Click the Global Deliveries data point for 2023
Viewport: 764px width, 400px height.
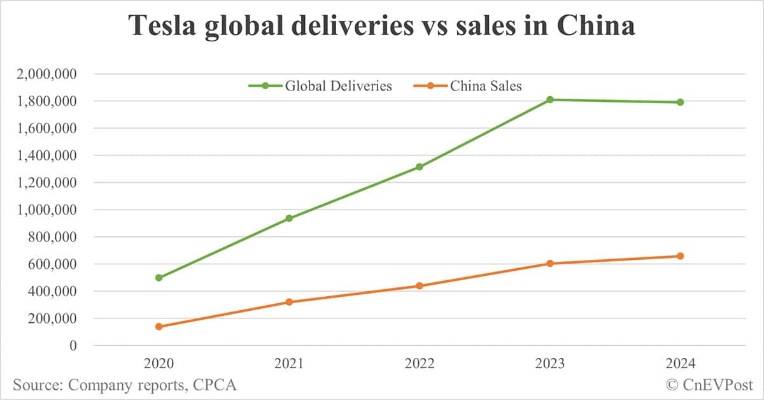tap(549, 99)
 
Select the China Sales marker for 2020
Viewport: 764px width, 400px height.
tap(159, 327)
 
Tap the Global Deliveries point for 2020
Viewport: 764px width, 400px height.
tap(159, 278)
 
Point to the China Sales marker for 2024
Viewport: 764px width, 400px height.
tap(680, 256)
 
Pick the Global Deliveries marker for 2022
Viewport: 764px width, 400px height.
tap(420, 167)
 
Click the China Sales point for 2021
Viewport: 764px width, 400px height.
tap(289, 302)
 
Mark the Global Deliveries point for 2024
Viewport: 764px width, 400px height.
tap(680, 102)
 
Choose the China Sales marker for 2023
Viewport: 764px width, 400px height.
tap(549, 264)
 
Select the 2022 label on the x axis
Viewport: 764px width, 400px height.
tap(420, 364)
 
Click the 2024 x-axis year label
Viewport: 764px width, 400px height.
tap(680, 364)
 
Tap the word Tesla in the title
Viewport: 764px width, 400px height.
tap(162, 27)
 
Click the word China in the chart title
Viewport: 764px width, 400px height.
tap(595, 27)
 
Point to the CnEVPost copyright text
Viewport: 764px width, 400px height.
tap(710, 385)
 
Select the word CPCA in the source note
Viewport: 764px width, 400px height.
tap(216, 385)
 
